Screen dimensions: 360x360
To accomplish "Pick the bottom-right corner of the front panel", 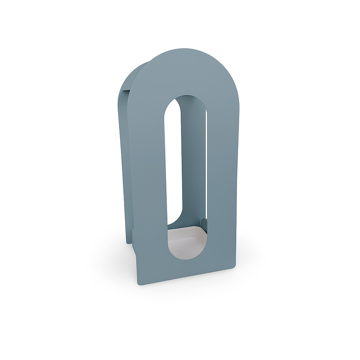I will click(234, 266).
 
